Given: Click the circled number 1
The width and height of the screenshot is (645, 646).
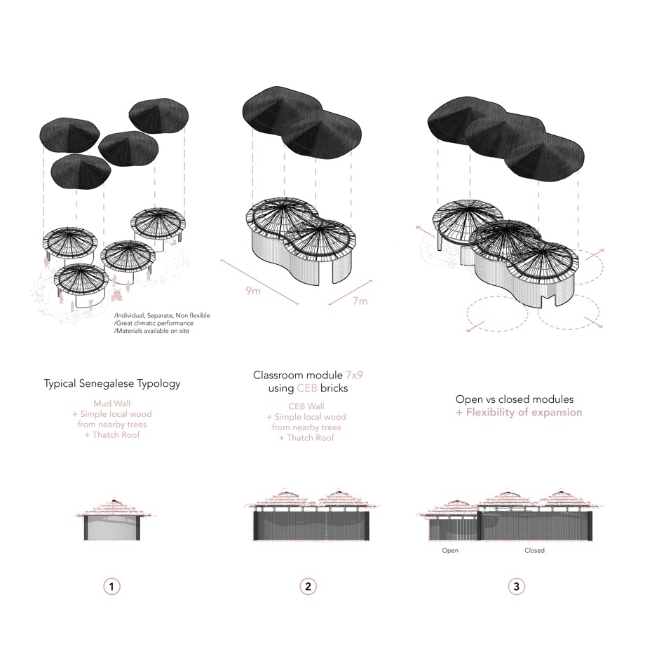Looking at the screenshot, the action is tap(111, 586).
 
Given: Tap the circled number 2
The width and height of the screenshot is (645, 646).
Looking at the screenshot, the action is tap(308, 586).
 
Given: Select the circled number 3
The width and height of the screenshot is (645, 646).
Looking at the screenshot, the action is tap(517, 586).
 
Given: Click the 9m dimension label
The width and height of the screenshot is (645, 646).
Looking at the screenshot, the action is tap(253, 291).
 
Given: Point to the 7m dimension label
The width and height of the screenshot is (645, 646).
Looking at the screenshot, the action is tap(360, 301).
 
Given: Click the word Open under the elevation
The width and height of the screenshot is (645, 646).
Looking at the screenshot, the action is tap(450, 551).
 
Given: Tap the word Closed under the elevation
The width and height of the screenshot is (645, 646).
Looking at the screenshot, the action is tap(534, 551).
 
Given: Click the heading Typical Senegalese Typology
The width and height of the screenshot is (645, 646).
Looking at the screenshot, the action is tap(112, 384).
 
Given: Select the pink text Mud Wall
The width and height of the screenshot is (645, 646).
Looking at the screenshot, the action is tap(112, 404).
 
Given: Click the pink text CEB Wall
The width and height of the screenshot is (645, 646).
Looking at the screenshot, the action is tap(306, 406).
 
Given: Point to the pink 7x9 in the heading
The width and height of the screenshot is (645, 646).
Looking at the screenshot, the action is tap(354, 376).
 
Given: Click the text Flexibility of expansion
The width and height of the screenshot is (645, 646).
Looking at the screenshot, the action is tap(524, 413).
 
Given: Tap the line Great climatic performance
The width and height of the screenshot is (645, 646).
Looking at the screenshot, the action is tap(154, 324).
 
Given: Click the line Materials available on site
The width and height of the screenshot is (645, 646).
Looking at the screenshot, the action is tap(151, 331).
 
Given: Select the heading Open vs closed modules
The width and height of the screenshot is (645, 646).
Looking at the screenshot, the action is tap(515, 399).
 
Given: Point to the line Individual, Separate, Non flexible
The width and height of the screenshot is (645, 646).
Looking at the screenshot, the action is tap(162, 315).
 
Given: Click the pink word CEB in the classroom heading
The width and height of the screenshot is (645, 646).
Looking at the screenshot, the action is tap(307, 388).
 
